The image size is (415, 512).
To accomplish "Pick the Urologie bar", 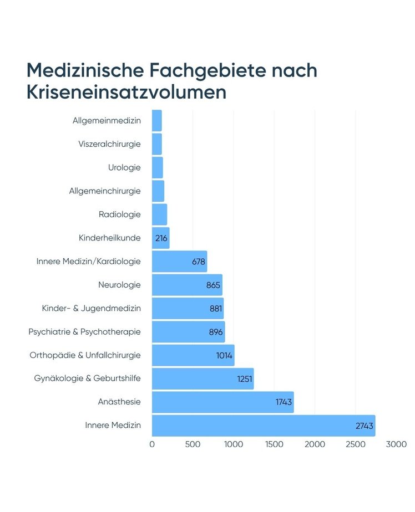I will coord(157,167).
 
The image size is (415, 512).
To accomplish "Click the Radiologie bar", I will coord(159,214).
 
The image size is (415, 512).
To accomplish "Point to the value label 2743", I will coord(365,426).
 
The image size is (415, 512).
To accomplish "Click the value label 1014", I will coord(225,356).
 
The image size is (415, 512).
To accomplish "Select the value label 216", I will coord(161,238).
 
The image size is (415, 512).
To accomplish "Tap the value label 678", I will coord(199,262).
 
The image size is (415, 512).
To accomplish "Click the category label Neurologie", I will coord(119,285).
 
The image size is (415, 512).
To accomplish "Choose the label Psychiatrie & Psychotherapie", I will coord(84,332).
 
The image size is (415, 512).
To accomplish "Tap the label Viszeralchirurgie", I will coord(109,144).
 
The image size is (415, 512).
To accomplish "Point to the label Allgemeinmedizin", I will coord(107,120).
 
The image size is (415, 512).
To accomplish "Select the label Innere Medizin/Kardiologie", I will coord(88,261).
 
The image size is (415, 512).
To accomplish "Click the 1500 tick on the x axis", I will coord(274,444).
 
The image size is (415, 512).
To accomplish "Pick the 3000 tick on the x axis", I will coord(396,444).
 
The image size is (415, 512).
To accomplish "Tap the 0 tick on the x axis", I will coord(152,444).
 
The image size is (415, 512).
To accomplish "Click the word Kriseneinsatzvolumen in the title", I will coord(126,92).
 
